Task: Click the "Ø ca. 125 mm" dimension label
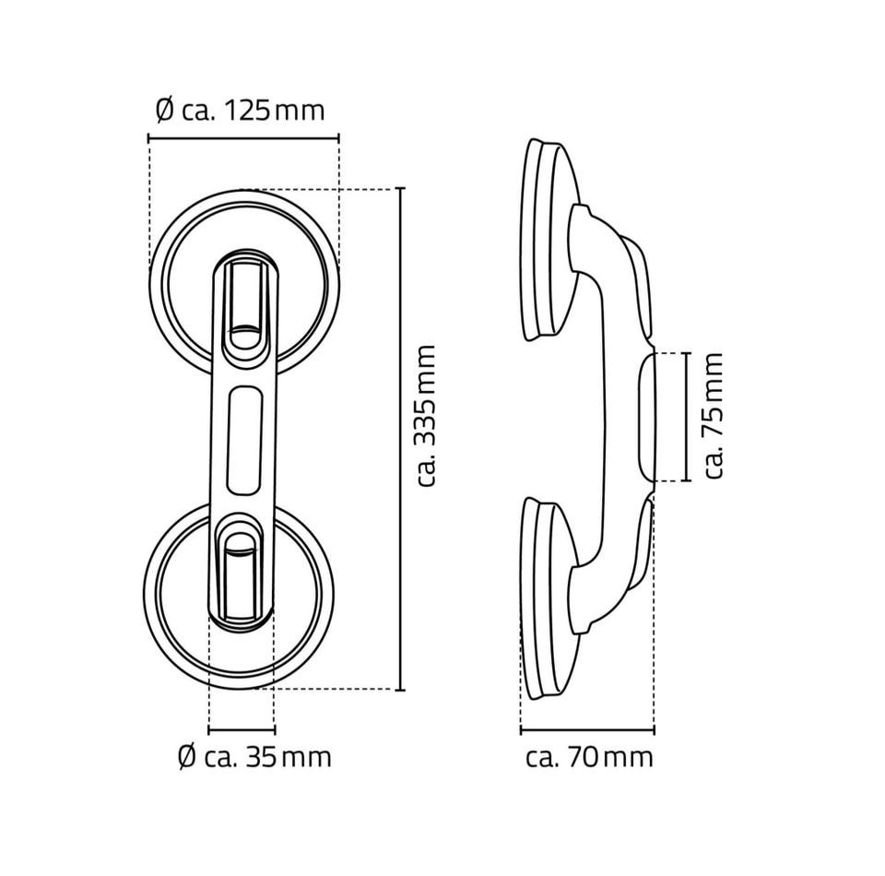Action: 241,110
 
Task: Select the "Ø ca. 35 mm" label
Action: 254,757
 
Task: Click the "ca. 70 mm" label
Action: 589,757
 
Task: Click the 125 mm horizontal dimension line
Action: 243,137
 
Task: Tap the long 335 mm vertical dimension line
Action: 401,439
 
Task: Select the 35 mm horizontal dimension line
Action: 242,730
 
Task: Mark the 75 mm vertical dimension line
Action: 686,417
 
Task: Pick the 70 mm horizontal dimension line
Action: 587,731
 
